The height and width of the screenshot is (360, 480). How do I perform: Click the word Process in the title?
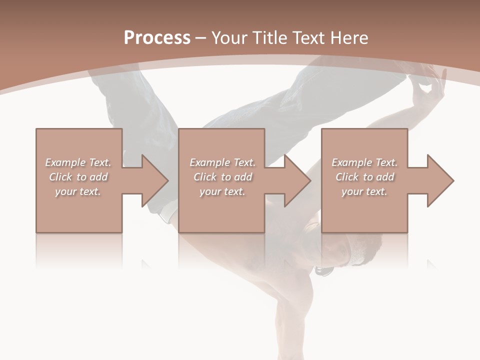(x=157, y=38)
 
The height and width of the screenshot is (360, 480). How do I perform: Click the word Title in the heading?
(x=269, y=38)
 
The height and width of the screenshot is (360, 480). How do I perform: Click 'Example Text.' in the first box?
(x=78, y=162)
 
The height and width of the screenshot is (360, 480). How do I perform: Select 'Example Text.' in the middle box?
(x=222, y=162)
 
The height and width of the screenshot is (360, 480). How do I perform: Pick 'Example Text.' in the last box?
(x=364, y=162)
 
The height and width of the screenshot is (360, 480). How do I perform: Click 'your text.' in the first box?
(x=78, y=191)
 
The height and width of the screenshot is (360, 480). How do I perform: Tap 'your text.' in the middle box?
(x=222, y=191)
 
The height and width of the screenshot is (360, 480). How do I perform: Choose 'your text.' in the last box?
(x=364, y=191)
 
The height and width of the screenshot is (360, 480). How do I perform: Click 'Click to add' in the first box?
(x=78, y=177)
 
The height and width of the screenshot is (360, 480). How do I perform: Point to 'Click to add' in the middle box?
(x=222, y=177)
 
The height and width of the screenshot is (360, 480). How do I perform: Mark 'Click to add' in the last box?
(x=364, y=177)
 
